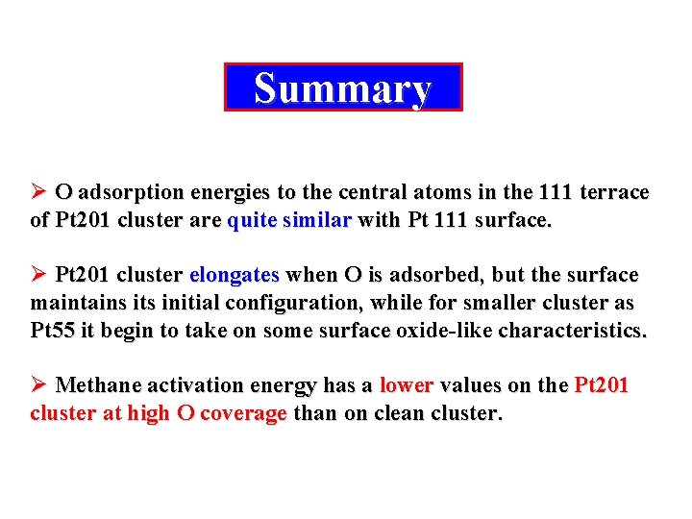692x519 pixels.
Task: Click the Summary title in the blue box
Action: [x=343, y=88]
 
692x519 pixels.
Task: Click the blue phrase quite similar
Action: [x=289, y=220]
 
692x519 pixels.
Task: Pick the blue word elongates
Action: [x=234, y=275]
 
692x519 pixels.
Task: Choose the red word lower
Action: [x=407, y=385]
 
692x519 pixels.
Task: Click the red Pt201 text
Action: [x=602, y=385]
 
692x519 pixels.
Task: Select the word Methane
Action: [x=98, y=385]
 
